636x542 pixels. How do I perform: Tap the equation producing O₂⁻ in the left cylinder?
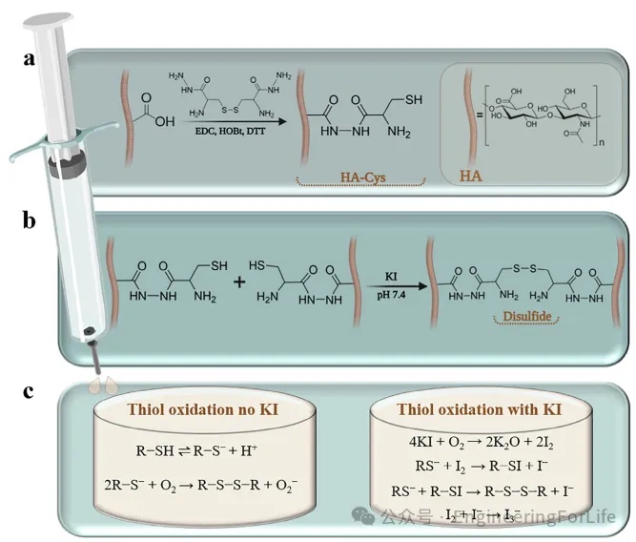click(x=199, y=485)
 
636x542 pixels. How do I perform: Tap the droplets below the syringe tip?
click(x=100, y=384)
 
